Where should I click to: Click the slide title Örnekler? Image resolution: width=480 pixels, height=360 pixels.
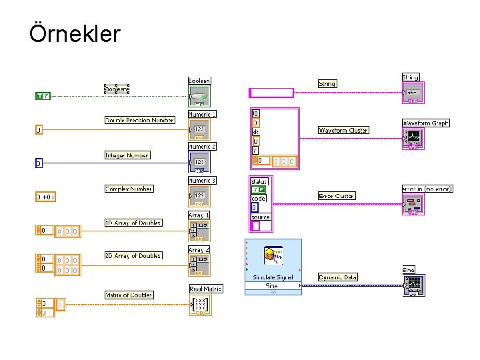pyautogui.click(x=75, y=33)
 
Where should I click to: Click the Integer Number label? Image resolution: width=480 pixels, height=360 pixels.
pyautogui.click(x=127, y=155)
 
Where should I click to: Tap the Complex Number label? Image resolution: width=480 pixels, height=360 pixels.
pyautogui.click(x=129, y=189)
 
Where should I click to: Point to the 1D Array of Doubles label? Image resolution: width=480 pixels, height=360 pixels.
pyautogui.click(x=133, y=223)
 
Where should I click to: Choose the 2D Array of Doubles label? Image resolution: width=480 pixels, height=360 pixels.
pyautogui.click(x=133, y=256)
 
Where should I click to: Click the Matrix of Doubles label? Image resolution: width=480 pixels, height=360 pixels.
pyautogui.click(x=129, y=295)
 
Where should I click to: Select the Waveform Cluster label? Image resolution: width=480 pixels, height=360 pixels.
pyautogui.click(x=343, y=130)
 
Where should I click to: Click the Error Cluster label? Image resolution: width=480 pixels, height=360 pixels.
pyautogui.click(x=337, y=196)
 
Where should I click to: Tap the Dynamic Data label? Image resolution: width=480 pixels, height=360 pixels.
pyautogui.click(x=338, y=277)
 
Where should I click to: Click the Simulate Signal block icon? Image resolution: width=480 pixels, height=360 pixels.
pyautogui.click(x=273, y=256)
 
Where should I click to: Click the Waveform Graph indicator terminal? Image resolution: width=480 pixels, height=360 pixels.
pyautogui.click(x=413, y=138)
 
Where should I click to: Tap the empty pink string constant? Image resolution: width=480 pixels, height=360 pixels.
pyautogui.click(x=275, y=92)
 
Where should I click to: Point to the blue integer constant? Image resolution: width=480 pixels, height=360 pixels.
pyautogui.click(x=39, y=163)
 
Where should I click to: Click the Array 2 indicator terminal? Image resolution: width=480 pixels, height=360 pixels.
pyautogui.click(x=199, y=263)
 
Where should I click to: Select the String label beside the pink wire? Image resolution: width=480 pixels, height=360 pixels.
pyautogui.click(x=327, y=84)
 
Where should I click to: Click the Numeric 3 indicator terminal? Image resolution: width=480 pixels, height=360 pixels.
pyautogui.click(x=199, y=195)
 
